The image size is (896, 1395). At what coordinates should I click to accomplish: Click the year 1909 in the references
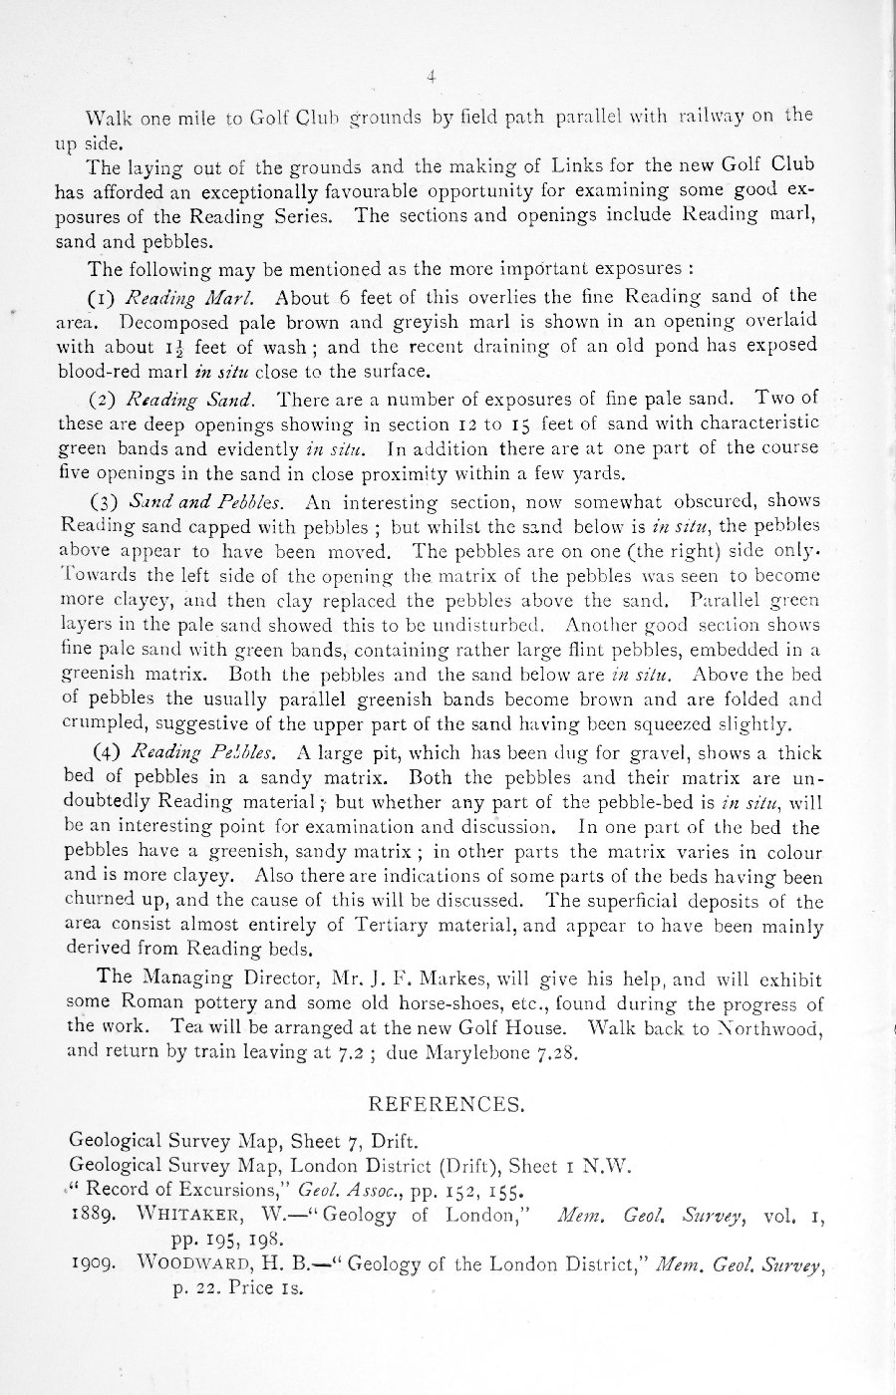click(90, 1265)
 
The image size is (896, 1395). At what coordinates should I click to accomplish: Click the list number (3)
click(105, 501)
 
